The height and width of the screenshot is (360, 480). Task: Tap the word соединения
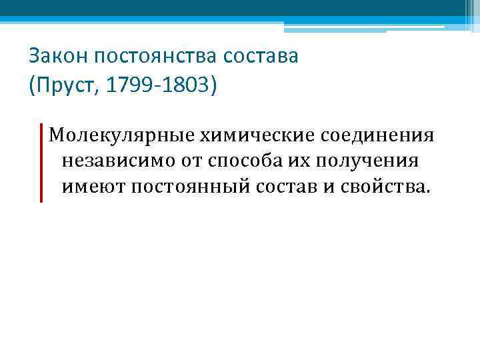click(x=378, y=136)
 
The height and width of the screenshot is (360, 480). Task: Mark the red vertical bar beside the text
click(x=40, y=162)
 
